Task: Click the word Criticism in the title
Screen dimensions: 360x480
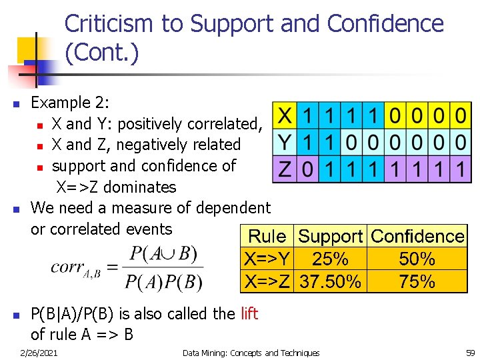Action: coord(110,24)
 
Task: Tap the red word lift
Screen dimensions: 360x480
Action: coord(249,313)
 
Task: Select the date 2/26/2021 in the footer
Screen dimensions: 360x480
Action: coord(39,353)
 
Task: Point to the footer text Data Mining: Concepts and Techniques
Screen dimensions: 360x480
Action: coord(251,353)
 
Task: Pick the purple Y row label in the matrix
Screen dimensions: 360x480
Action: coord(284,142)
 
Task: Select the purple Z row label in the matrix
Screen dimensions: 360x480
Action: coord(284,169)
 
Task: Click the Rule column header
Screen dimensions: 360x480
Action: coord(267,236)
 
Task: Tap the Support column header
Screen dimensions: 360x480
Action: coord(331,236)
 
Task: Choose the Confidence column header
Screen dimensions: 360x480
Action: coord(417,236)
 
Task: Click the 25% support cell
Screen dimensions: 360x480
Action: coord(331,259)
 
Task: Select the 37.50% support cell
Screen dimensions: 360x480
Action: coord(331,281)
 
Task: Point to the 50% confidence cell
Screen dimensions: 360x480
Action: coord(417,259)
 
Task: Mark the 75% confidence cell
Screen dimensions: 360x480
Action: coord(417,281)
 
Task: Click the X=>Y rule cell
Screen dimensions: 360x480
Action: coord(267,259)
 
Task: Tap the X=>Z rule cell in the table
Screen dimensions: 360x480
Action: coord(267,281)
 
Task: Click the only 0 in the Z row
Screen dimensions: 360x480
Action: coord(307,169)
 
